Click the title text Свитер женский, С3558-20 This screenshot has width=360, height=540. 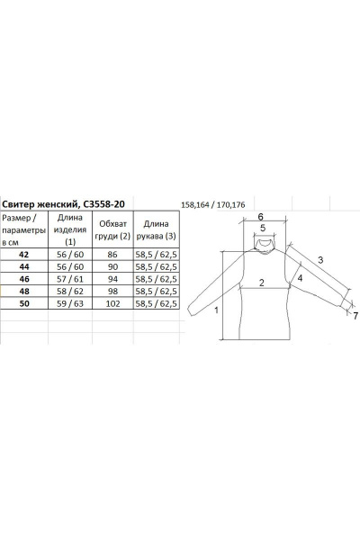tap(63, 204)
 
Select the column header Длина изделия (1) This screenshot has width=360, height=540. tap(70, 229)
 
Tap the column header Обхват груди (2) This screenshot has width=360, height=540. tap(113, 229)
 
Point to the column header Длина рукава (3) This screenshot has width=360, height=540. tap(156, 229)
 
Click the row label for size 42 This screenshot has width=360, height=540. tap(24, 255)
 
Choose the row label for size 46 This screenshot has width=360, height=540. tap(24, 279)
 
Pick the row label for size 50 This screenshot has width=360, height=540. tap(24, 303)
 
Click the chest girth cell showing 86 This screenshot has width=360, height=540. tap(112, 255)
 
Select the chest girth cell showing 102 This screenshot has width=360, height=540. tap(113, 303)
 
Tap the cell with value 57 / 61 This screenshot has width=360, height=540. tap(70, 279)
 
